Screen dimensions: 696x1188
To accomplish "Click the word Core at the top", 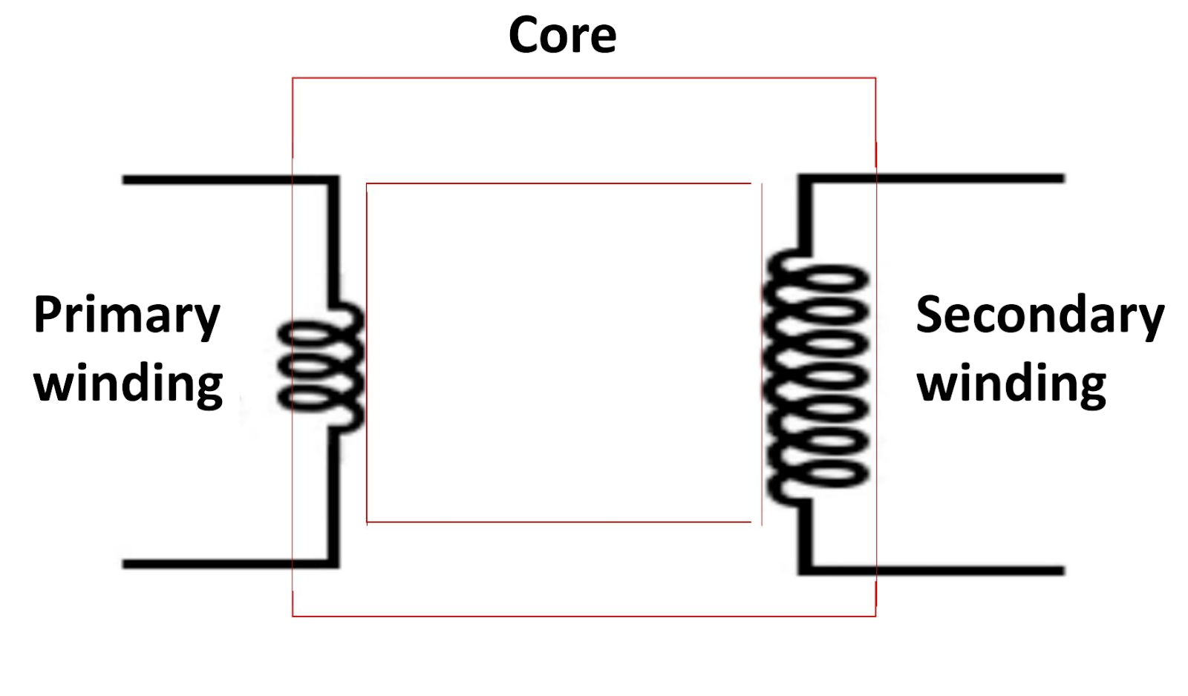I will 562,35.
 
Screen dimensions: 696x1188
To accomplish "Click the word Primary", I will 126,316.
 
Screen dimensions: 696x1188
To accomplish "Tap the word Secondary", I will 1039,316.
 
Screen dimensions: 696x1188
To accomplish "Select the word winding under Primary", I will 128,384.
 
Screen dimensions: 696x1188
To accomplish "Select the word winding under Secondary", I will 1011,384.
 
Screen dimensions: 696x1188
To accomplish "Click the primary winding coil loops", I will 321,367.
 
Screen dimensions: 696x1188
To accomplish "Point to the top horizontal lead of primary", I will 223,180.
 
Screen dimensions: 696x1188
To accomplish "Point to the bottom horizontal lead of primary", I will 223,564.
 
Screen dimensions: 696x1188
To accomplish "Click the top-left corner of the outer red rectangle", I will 293,78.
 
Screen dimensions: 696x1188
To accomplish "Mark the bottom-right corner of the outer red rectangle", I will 875,615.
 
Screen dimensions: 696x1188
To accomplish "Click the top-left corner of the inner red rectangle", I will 367,183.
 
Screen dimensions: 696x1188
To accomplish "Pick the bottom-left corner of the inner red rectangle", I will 367,522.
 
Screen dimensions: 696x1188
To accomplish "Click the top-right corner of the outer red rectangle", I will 875,78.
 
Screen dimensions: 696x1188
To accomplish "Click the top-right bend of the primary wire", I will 333,180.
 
